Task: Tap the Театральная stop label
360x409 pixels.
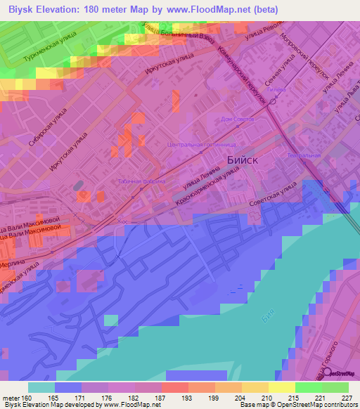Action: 304,155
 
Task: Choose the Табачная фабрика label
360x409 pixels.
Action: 141,181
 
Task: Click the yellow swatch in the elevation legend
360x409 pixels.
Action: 281,387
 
